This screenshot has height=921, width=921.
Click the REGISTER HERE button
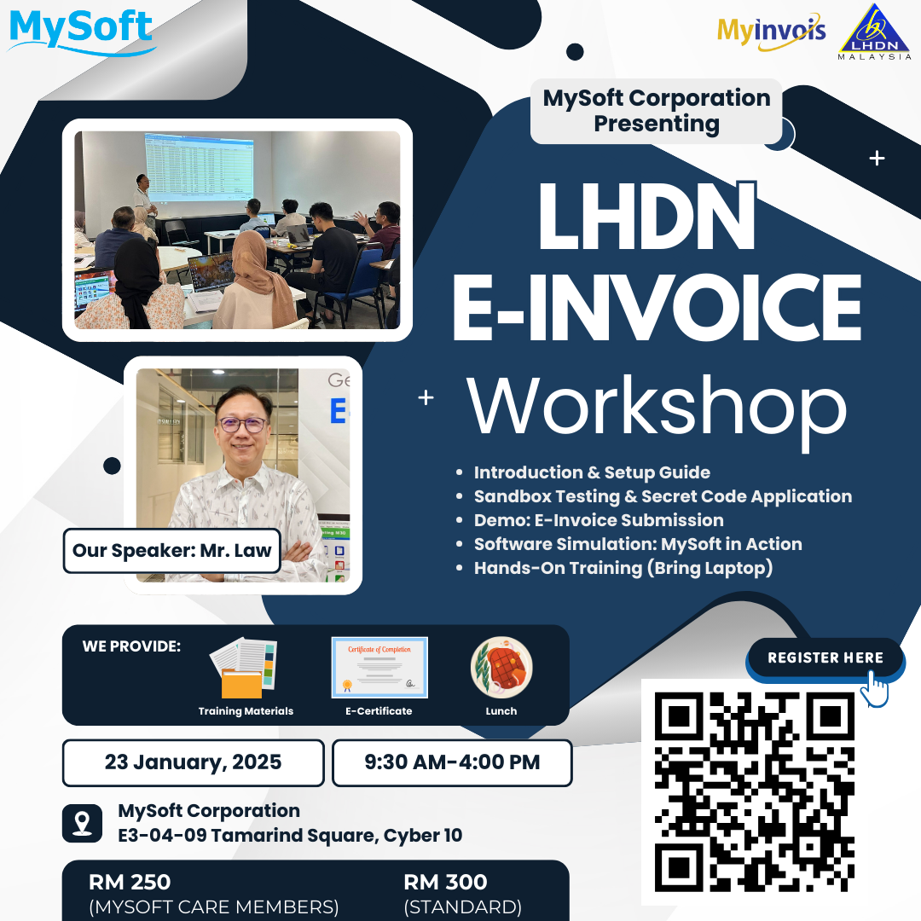click(x=825, y=657)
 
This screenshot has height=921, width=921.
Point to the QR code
click(x=754, y=791)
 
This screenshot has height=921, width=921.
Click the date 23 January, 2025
click(x=193, y=762)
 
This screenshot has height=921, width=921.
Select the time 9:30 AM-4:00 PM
click(x=452, y=762)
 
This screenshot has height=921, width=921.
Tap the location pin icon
click(x=83, y=824)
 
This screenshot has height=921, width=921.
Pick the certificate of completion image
click(x=379, y=667)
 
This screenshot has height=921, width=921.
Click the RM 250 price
click(x=130, y=882)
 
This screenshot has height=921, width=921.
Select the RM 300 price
click(x=445, y=882)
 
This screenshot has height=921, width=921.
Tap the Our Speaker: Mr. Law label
click(x=171, y=550)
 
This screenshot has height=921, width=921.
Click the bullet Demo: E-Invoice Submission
click(x=599, y=520)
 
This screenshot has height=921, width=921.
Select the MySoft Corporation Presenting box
click(x=656, y=111)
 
